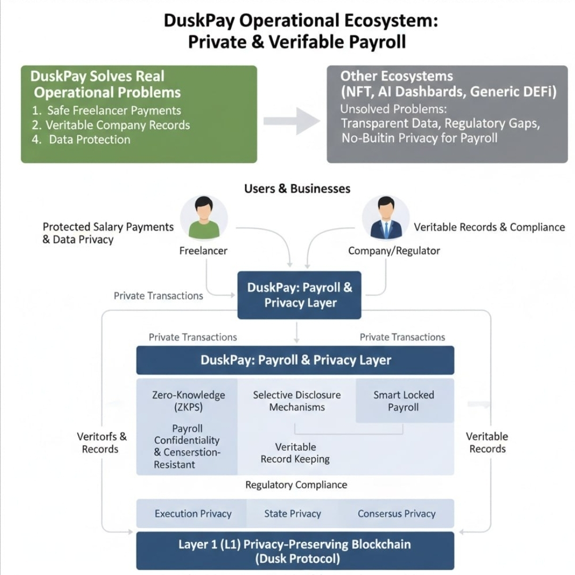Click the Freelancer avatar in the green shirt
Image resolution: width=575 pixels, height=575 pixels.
(x=204, y=219)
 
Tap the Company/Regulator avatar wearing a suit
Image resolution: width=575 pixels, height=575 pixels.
(x=386, y=219)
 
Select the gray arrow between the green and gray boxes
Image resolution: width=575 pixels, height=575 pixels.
(x=292, y=121)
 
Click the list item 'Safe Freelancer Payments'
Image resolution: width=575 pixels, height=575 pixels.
(x=113, y=111)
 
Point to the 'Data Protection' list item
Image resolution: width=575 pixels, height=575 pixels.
(x=89, y=139)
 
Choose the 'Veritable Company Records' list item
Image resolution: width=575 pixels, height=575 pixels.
(x=117, y=125)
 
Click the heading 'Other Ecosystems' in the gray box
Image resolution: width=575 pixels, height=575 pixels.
(x=397, y=76)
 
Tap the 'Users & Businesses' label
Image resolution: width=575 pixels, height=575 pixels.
(x=297, y=188)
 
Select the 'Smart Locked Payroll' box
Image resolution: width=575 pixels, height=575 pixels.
(x=404, y=401)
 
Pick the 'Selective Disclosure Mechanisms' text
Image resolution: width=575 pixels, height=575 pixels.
(x=297, y=401)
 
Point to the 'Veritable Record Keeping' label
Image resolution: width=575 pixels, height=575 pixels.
(x=295, y=453)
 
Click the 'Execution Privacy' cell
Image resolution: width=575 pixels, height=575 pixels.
(x=193, y=514)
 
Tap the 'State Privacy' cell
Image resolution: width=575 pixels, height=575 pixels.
(x=293, y=514)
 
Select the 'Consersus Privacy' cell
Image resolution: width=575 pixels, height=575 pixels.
(x=397, y=514)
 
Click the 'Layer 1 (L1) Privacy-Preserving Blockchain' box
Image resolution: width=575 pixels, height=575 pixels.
(x=295, y=551)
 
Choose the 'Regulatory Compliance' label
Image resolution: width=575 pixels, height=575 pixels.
(x=296, y=485)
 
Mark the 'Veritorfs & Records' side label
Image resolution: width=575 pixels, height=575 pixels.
(x=102, y=443)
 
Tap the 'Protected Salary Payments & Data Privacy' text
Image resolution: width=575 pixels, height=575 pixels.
(x=108, y=233)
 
